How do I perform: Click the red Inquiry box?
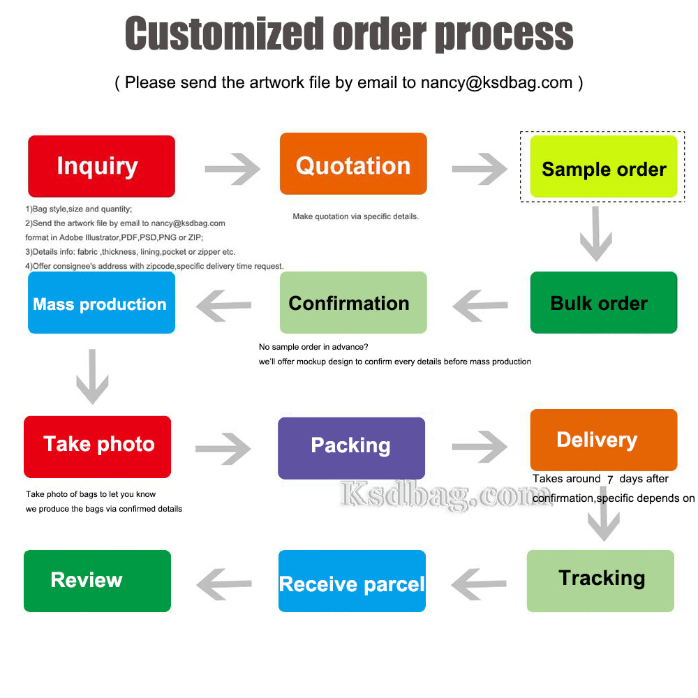pos(101,166)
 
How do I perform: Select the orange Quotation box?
pos(353,164)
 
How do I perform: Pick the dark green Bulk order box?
pos(604,302)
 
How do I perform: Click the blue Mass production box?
pos(101,302)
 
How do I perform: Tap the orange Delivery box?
pos(604,440)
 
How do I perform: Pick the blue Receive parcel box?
pos(352,581)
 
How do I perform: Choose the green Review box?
pos(97,581)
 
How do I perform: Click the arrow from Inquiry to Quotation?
pos(232,169)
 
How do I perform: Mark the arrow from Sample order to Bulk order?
pos(596,234)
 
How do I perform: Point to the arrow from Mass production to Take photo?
pos(92,377)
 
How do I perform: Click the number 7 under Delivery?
pos(610,480)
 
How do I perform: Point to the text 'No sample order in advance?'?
pos(313,347)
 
